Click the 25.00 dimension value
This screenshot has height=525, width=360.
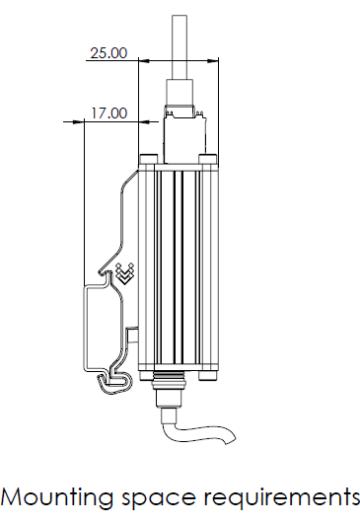[x=108, y=53]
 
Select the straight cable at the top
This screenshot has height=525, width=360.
[x=180, y=49]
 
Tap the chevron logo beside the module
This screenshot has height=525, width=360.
[x=124, y=272]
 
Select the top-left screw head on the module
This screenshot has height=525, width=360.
[x=148, y=160]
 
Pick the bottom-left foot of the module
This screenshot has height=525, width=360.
[x=149, y=376]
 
